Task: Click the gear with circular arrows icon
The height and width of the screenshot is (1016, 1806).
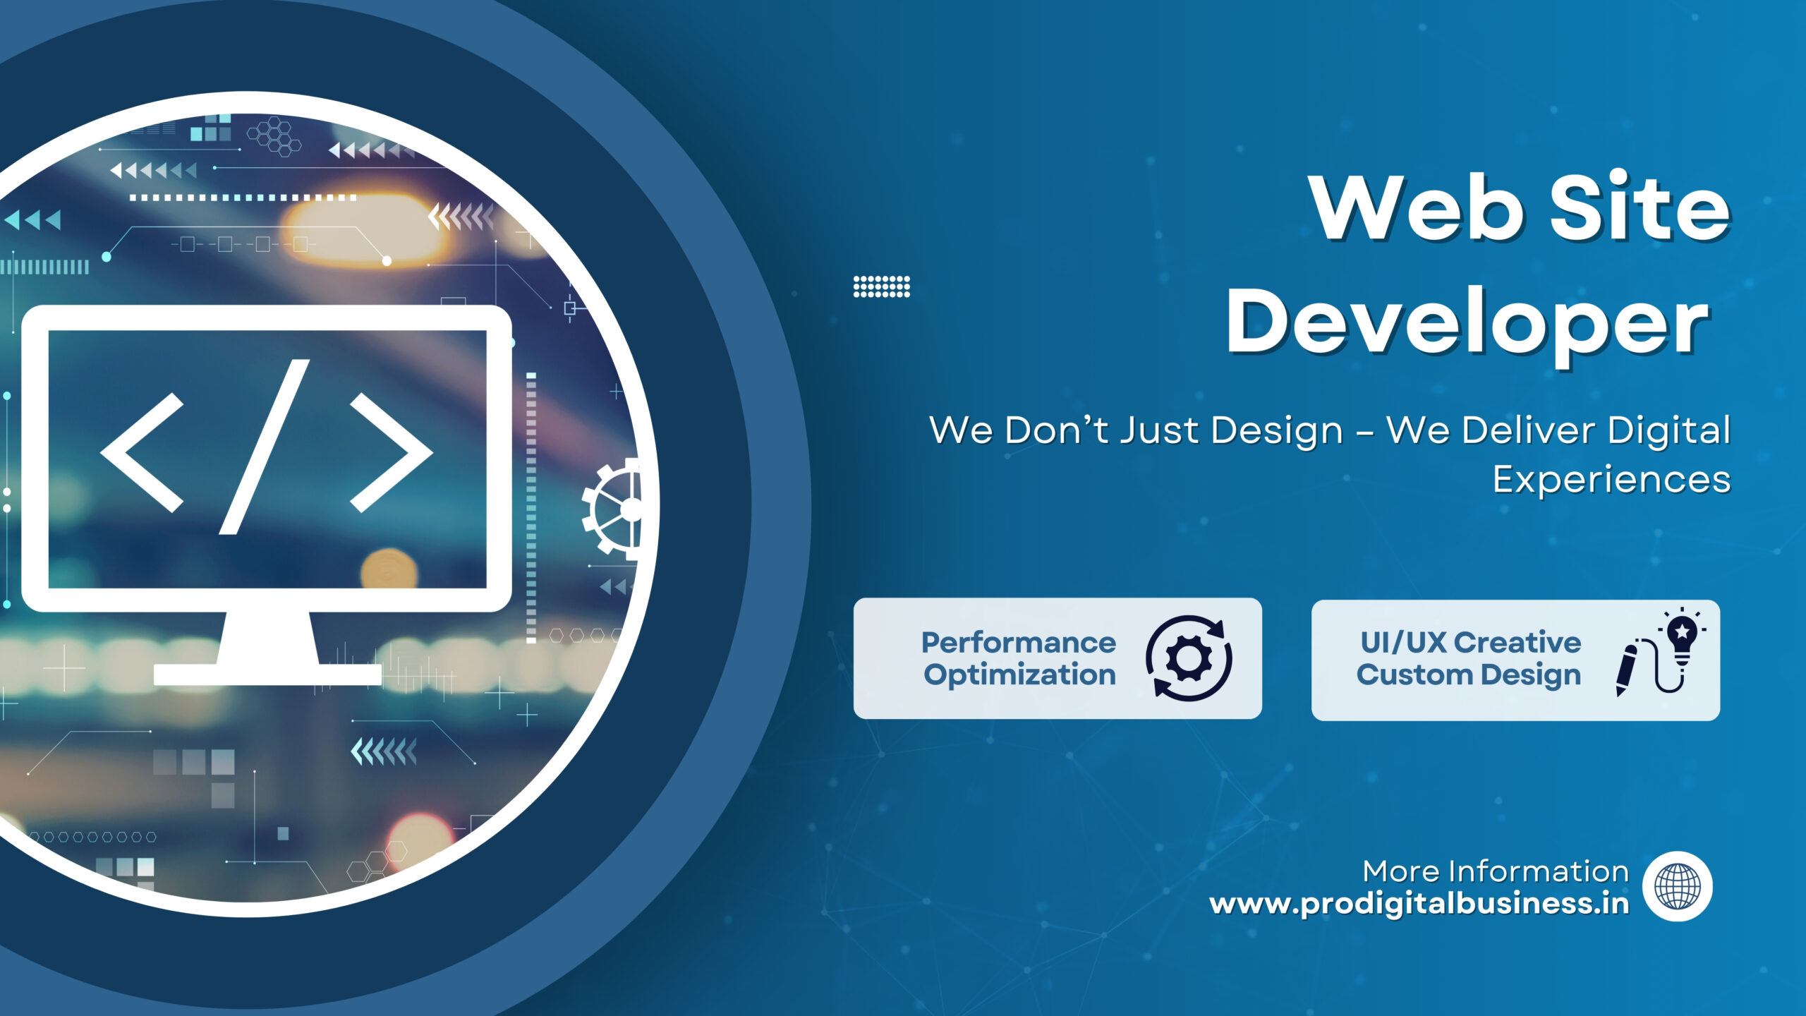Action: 1189,658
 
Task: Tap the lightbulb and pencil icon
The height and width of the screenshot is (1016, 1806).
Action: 1661,652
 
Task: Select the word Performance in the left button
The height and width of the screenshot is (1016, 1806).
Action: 1019,643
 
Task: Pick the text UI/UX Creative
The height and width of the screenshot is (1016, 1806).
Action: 1471,643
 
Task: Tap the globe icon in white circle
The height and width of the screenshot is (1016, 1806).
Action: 1677,887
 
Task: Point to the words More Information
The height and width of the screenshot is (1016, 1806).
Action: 1496,872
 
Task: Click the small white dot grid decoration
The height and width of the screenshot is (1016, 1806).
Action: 882,286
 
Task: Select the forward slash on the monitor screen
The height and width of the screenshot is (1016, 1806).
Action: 265,447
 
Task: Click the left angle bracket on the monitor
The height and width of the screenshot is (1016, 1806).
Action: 142,452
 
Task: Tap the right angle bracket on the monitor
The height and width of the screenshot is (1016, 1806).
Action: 392,452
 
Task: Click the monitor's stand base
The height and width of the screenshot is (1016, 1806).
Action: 267,675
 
